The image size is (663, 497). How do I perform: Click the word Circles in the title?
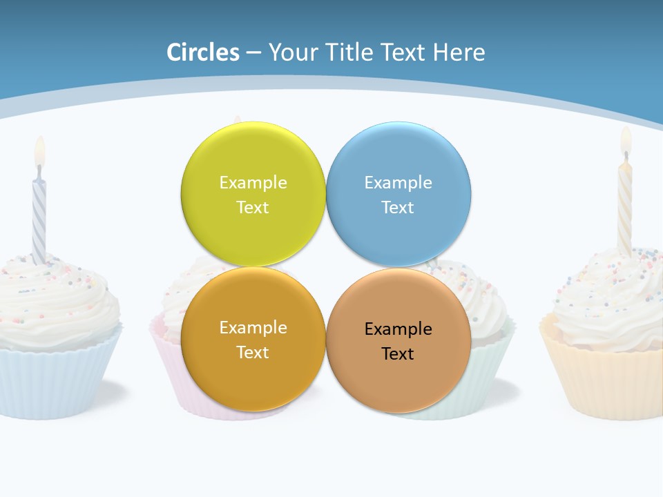(x=203, y=52)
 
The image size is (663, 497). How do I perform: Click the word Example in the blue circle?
(x=398, y=183)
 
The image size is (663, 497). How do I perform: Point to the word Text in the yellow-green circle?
(x=253, y=208)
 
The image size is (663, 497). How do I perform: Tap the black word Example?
(x=398, y=329)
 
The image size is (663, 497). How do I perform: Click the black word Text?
(x=398, y=354)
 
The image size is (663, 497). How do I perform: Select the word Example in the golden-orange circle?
(x=253, y=328)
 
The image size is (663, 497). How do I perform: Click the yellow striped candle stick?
(x=624, y=207)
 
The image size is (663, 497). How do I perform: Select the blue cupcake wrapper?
(x=55, y=380)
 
